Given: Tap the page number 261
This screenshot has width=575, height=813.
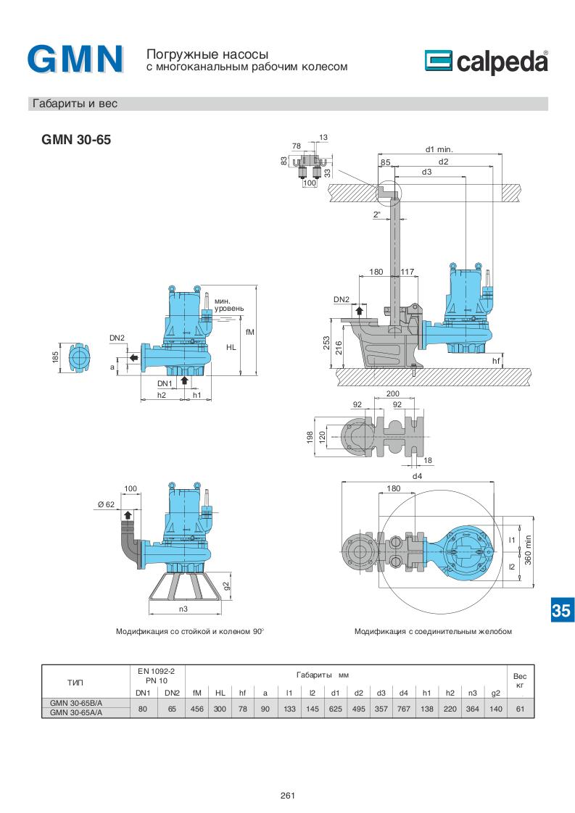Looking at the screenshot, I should point(287,796).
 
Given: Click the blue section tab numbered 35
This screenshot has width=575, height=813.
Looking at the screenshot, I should point(560,610).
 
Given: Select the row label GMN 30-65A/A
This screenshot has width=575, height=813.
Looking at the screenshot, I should point(76,712).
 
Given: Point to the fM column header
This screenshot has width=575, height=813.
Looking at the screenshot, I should point(197,693).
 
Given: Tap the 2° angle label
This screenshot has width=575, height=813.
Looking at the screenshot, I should point(377,214).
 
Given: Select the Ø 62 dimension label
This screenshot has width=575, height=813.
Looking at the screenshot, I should point(106,504).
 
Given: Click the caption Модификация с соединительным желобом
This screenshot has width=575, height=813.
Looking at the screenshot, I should point(433,631).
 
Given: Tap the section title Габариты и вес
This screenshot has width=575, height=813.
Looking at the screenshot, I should point(74,104).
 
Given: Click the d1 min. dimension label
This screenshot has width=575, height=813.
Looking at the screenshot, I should point(439,149).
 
